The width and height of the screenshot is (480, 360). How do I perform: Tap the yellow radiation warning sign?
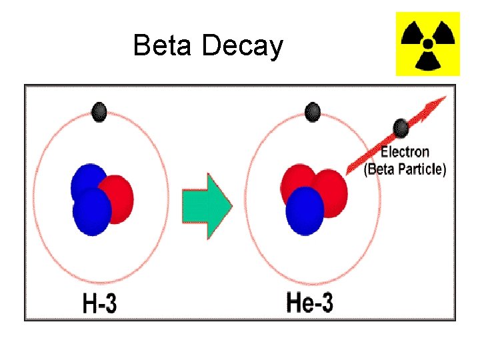tap(428, 44)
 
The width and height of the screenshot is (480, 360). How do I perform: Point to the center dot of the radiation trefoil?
tap(428, 43)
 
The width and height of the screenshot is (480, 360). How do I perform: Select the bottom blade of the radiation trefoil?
tap(428, 62)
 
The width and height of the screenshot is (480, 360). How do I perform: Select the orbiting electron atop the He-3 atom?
tap(311, 110)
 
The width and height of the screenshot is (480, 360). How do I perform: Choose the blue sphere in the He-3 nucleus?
tap(305, 211)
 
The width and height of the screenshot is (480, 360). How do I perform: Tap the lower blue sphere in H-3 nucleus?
tap(91, 212)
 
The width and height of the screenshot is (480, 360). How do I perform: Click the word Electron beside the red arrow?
tap(405, 153)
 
